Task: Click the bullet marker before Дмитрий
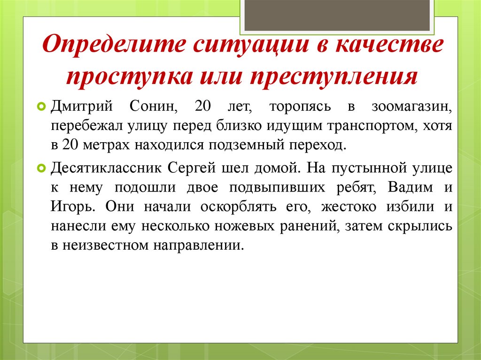pyautogui.click(x=41, y=107)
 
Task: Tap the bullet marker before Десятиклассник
pyautogui.click(x=41, y=168)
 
